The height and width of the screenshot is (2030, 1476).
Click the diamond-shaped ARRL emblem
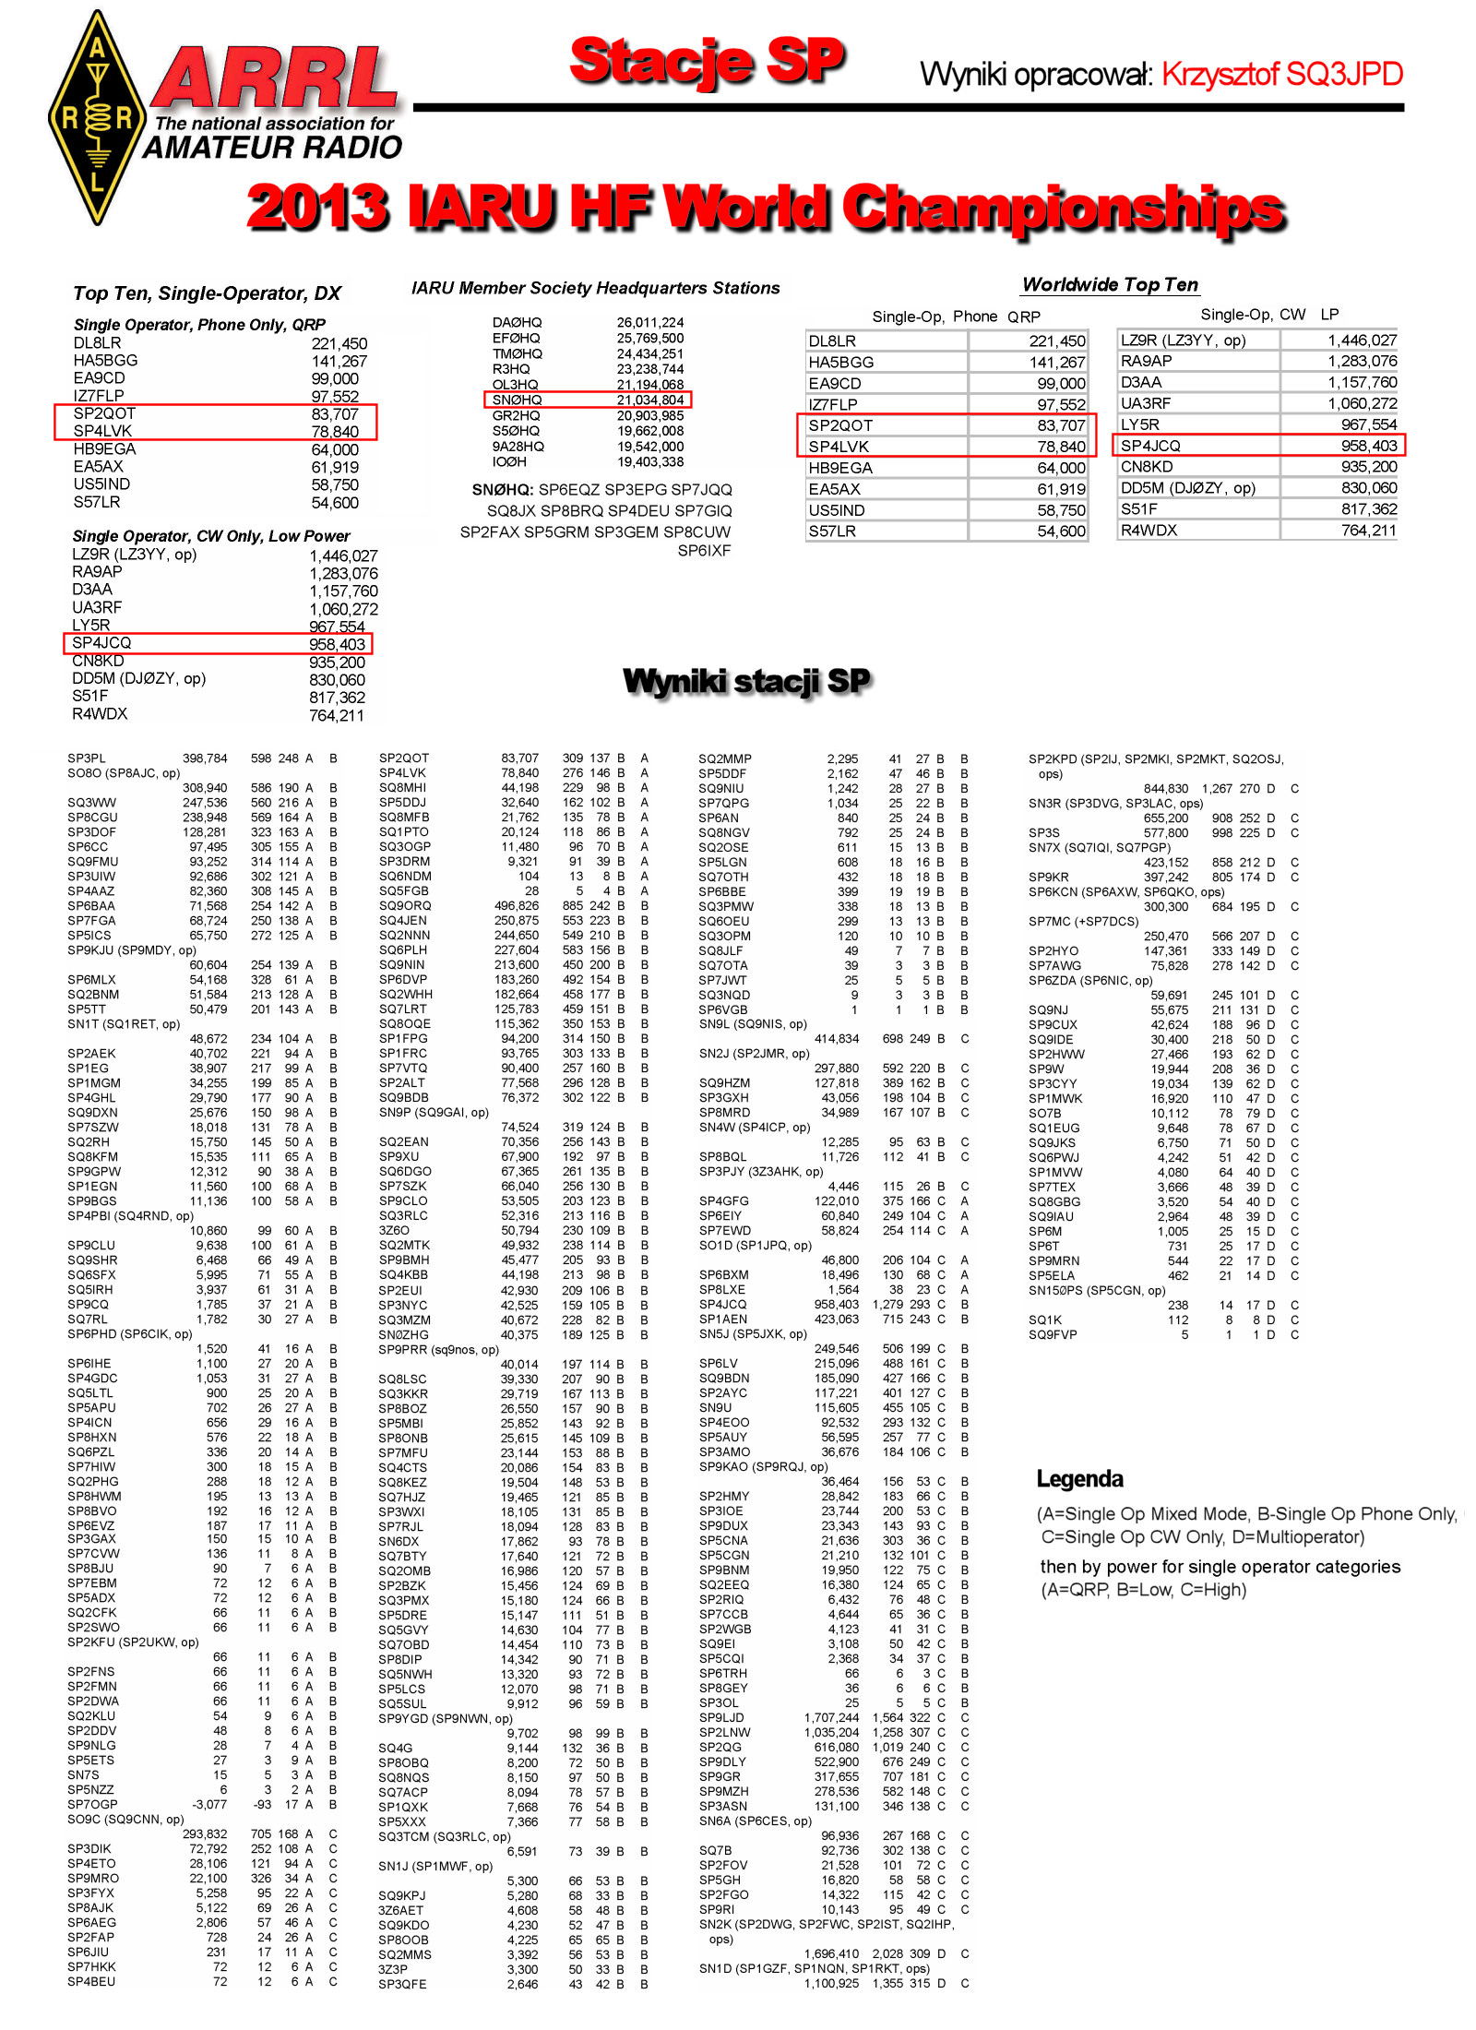pyautogui.click(x=97, y=118)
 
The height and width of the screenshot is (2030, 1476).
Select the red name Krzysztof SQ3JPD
pyautogui.click(x=1281, y=74)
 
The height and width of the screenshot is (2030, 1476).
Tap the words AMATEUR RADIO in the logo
pyautogui.click(x=272, y=148)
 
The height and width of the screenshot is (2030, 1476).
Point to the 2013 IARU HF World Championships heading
pyautogui.click(x=766, y=207)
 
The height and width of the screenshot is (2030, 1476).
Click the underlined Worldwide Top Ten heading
pyautogui.click(x=1110, y=285)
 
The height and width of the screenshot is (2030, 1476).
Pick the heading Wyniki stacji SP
pyautogui.click(x=746, y=681)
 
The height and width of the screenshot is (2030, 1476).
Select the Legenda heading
pyautogui.click(x=1079, y=1479)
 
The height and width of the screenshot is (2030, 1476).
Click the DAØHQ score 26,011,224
pyautogui.click(x=649, y=323)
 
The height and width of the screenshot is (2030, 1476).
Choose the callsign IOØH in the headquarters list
pyautogui.click(x=509, y=462)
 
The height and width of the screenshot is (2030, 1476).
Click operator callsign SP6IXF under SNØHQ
pyautogui.click(x=704, y=551)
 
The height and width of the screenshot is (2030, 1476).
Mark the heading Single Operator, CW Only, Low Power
pyautogui.click(x=211, y=536)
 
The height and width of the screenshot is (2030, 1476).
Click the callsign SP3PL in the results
pyautogui.click(x=87, y=758)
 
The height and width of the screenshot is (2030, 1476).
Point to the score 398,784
pyautogui.click(x=204, y=758)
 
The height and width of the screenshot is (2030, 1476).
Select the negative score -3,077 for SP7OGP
pyautogui.click(x=208, y=1804)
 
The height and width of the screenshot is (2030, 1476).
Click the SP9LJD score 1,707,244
pyautogui.click(x=831, y=1717)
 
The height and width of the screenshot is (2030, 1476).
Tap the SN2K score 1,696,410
pyautogui.click(x=831, y=1953)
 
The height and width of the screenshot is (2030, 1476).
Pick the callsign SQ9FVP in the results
pyautogui.click(x=1053, y=1334)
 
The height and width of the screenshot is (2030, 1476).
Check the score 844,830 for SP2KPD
pyautogui.click(x=1165, y=789)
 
